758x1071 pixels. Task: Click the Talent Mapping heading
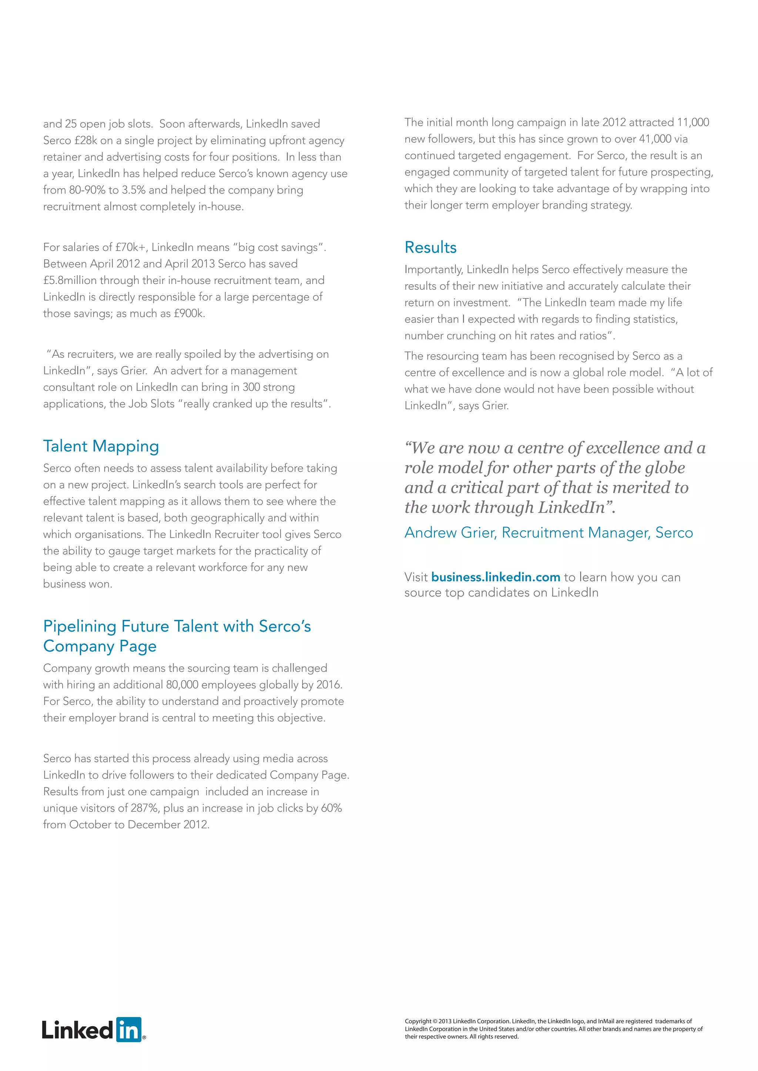click(x=101, y=446)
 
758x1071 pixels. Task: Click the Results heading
click(x=430, y=247)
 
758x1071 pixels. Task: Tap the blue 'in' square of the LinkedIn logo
click(x=128, y=1030)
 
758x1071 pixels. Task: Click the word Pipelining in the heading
click(x=79, y=626)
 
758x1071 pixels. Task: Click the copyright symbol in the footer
click(x=435, y=1021)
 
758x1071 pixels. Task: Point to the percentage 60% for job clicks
click(x=331, y=808)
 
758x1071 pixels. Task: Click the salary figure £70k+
click(x=131, y=247)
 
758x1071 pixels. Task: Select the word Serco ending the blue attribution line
click(x=674, y=533)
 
